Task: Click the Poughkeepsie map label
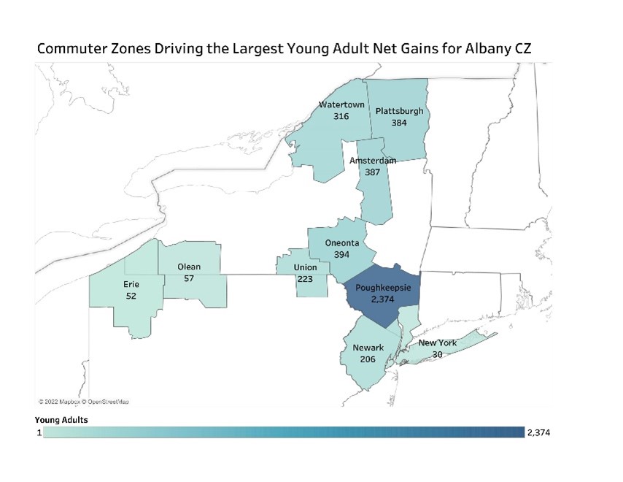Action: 382,288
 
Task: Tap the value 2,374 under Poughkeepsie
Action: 382,299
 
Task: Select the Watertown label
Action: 341,104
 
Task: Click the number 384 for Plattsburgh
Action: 398,123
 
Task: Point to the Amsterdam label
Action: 373,160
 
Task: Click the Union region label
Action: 305,267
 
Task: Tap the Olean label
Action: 189,267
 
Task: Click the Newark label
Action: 368,348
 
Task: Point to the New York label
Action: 437,343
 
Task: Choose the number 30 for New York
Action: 438,354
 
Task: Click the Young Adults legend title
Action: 62,420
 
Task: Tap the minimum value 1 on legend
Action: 39,433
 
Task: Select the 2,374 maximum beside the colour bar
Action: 538,433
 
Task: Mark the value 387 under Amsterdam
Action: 372,172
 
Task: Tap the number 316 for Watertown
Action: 341,116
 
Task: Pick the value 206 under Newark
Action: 368,359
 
